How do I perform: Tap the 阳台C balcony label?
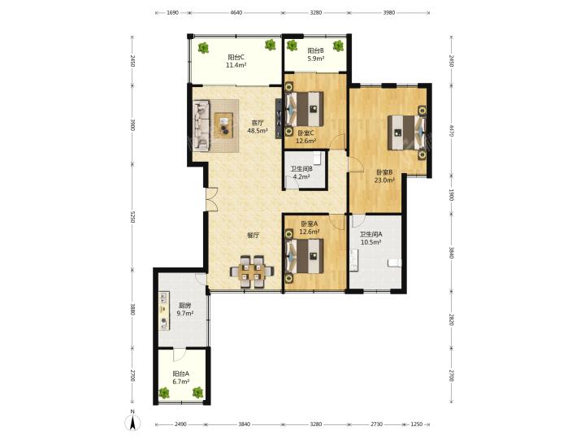click(236, 58)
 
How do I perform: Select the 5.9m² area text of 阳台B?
click(315, 59)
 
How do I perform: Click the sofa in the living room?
click(201, 125)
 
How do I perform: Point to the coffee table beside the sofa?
click(224, 125)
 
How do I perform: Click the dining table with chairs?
click(252, 272)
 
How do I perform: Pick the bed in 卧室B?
click(407, 133)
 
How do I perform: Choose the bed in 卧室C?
click(304, 109)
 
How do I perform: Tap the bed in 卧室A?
click(304, 256)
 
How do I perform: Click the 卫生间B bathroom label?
click(301, 169)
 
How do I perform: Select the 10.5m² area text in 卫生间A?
click(370, 242)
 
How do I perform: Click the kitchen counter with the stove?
click(164, 311)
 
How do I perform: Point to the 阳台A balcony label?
click(181, 373)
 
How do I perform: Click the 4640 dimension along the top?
click(236, 12)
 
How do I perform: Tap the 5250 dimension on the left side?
click(132, 217)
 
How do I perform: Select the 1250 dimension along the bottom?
click(416, 424)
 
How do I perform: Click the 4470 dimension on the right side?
click(451, 131)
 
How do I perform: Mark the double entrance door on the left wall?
click(210, 200)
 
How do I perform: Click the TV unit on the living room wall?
click(279, 119)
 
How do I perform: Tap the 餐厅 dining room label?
click(253, 236)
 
